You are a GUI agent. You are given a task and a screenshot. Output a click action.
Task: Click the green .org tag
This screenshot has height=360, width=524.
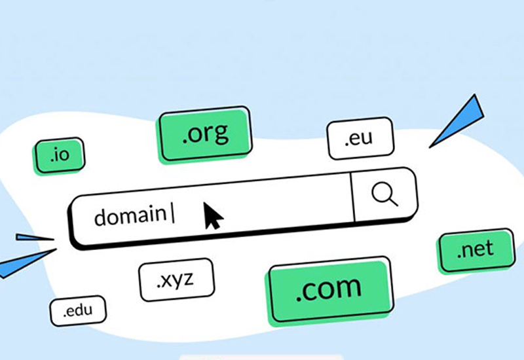[205, 134]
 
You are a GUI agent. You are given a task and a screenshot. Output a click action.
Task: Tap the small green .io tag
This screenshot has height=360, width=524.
[60, 156]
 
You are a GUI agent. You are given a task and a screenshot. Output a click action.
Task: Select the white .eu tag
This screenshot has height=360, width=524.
[360, 138]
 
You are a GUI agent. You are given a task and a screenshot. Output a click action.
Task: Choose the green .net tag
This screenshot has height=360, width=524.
[476, 250]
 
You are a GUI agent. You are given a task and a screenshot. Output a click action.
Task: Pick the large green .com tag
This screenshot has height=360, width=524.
[329, 290]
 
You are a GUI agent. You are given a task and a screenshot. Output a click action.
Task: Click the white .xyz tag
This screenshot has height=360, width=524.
[176, 279]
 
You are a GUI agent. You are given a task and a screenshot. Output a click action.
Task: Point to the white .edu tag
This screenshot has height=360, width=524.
[78, 311]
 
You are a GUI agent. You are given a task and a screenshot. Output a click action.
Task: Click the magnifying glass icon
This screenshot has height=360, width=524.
[384, 194]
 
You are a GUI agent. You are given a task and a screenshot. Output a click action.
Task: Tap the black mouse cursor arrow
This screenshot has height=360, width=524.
[213, 216]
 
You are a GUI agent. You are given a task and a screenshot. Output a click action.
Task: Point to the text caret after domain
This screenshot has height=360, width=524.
[173, 214]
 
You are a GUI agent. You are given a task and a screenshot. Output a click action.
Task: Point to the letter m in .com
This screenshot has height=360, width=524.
[349, 287]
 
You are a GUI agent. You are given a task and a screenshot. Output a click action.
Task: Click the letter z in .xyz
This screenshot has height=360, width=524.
[188, 279]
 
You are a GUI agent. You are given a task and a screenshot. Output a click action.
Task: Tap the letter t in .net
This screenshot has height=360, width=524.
[489, 248]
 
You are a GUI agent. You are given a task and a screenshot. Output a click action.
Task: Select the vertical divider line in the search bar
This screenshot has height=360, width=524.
[352, 197]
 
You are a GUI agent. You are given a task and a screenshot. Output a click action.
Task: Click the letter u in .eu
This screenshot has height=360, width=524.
[366, 138]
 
